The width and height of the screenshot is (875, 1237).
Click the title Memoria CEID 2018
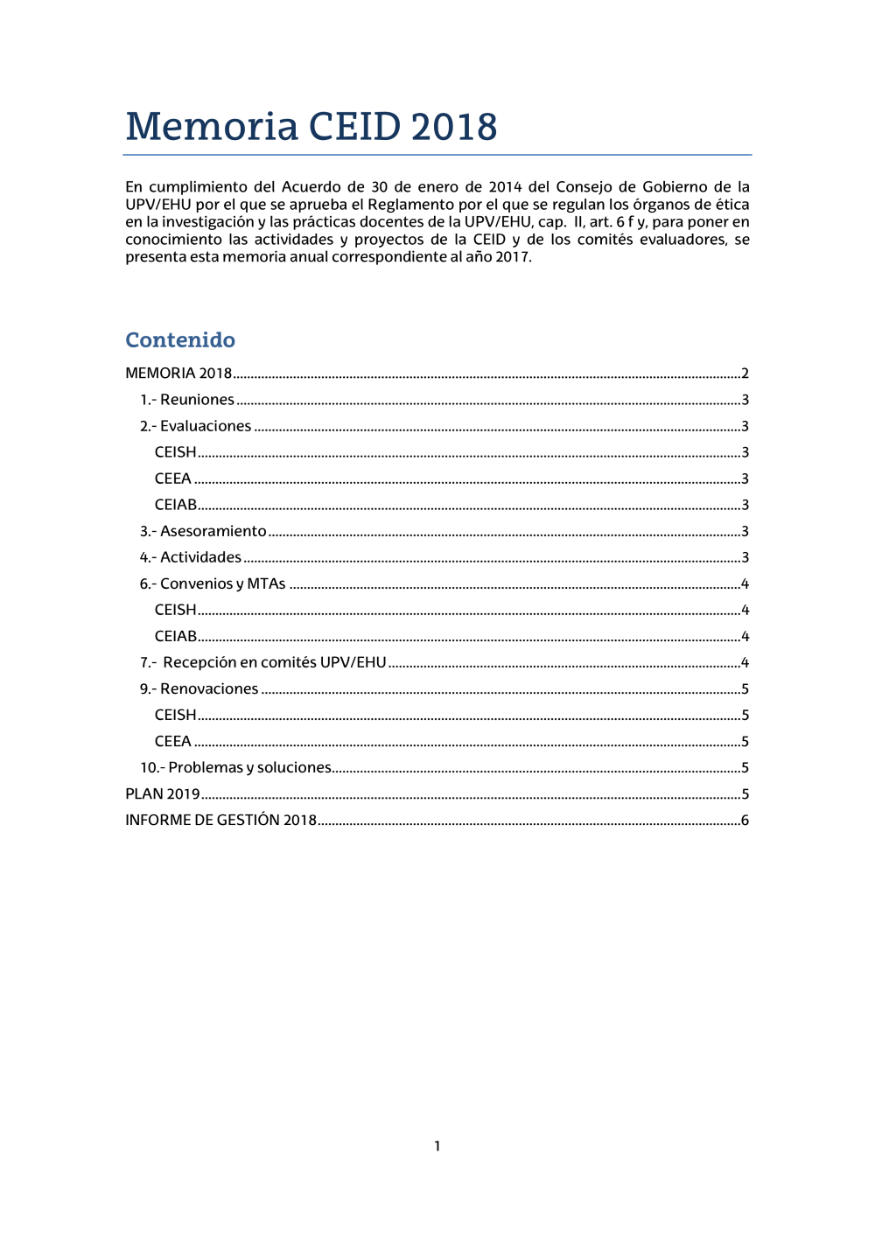311,127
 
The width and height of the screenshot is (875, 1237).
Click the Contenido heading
180,339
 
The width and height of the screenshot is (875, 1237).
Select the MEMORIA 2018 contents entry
178,374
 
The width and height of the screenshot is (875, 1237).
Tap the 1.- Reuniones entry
187,400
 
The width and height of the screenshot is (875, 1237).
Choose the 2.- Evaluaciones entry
196,426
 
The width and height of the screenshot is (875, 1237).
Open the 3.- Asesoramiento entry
203,531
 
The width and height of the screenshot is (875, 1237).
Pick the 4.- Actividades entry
191,557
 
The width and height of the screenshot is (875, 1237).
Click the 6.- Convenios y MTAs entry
213,584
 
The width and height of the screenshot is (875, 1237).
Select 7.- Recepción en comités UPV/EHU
262,662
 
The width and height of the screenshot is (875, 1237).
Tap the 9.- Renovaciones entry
199,688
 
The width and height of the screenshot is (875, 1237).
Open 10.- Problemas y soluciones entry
235,767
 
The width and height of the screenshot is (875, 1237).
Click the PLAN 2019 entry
163,794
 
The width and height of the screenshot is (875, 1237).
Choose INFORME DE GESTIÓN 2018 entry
220,821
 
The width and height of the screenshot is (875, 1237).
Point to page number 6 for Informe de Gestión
745,821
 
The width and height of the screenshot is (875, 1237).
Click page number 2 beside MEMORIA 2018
745,374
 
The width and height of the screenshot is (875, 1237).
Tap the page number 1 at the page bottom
437,1146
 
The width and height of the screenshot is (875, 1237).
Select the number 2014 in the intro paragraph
505,186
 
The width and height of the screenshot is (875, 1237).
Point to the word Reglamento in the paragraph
410,204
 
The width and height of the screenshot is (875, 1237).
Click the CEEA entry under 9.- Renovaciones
173,741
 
